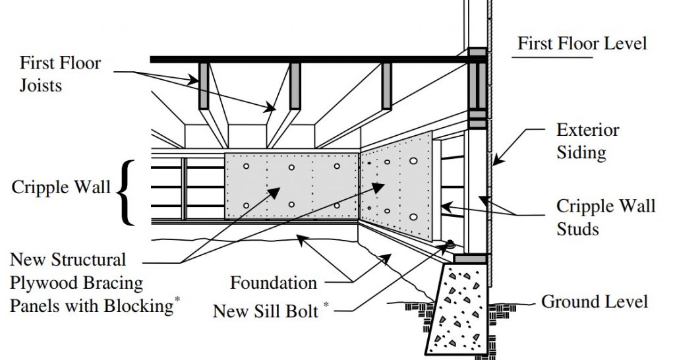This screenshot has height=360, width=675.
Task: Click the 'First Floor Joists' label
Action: click(60, 74)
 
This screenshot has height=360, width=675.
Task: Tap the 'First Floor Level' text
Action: click(582, 44)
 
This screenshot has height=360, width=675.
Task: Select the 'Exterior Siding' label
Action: click(588, 141)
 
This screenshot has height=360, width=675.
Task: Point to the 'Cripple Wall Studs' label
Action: click(606, 217)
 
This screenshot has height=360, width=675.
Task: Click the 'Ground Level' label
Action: click(595, 301)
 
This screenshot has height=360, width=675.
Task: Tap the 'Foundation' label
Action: click(274, 283)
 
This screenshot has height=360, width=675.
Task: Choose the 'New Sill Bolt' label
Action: click(266, 311)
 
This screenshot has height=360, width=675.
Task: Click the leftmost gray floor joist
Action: click(203, 86)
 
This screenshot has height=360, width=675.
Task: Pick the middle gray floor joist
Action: click(295, 86)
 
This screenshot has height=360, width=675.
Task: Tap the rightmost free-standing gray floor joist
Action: click(386, 86)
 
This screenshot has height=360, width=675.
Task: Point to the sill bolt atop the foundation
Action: click(450, 245)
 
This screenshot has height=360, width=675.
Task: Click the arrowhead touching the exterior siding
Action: click(497, 161)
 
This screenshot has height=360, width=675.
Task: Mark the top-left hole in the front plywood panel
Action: click(247, 166)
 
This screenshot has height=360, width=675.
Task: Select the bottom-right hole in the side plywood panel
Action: click(413, 217)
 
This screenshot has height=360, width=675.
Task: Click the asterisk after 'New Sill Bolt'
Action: click(326, 305)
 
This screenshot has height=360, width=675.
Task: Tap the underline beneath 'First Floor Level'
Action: click(552, 57)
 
